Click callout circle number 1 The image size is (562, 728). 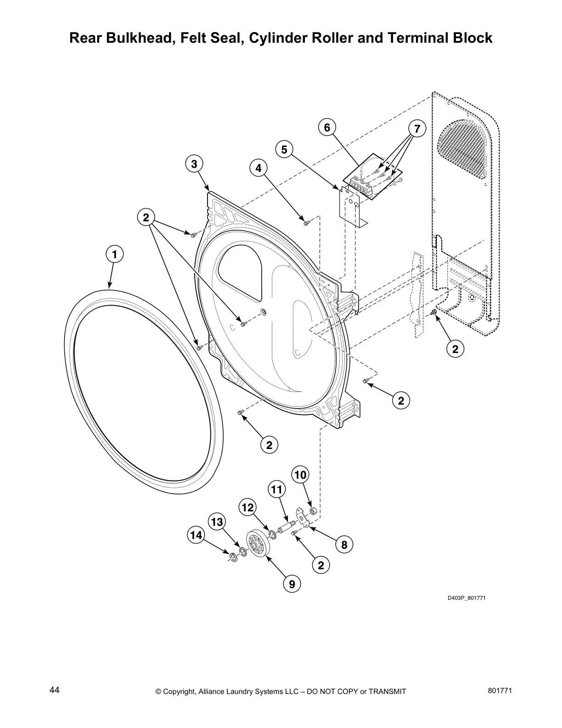(x=115, y=254)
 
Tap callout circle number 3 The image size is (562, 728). (x=194, y=164)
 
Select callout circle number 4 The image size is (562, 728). (x=259, y=168)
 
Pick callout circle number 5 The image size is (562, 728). (x=284, y=149)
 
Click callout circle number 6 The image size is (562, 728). (x=327, y=127)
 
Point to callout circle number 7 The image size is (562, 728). (x=417, y=129)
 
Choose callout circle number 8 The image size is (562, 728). (x=344, y=545)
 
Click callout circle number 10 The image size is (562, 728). (x=300, y=475)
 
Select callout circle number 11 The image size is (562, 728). (x=276, y=490)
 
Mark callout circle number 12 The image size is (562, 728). (x=247, y=507)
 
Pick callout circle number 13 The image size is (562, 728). (x=217, y=522)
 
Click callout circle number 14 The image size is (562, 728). (x=196, y=535)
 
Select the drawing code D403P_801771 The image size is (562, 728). (x=466, y=598)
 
